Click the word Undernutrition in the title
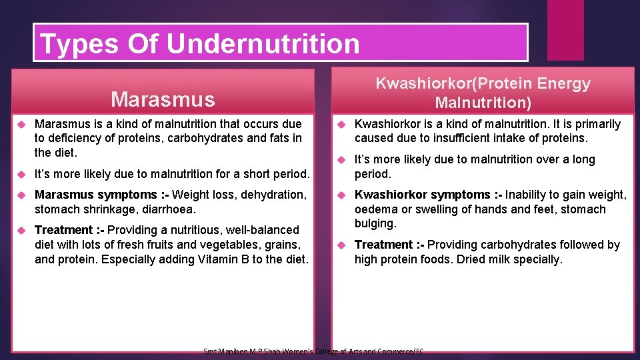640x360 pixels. (x=263, y=43)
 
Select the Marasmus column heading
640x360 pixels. (x=163, y=99)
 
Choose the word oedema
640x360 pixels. (x=375, y=209)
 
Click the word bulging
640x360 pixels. (x=375, y=224)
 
